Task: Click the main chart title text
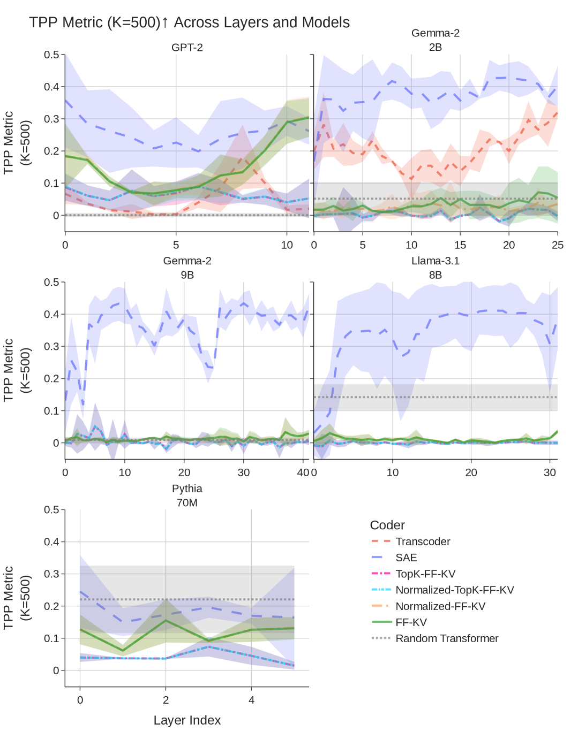pos(189,22)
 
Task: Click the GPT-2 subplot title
pos(187,48)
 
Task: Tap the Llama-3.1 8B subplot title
pos(435,268)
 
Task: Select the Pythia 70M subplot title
pos(187,496)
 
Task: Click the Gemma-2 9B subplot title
pos(187,268)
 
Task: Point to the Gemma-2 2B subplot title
pos(435,40)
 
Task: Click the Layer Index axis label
pos(187,720)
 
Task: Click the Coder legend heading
pos(387,525)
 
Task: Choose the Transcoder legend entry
pos(423,542)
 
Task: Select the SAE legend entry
pos(406,558)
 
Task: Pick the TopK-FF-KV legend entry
pos(425,574)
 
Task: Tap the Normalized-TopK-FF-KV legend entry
pos(454,590)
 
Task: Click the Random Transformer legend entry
pos(447,638)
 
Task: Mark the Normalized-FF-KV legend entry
pos(440,606)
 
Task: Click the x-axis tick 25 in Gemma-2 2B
pos(558,245)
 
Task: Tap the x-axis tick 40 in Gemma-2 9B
pos(303,472)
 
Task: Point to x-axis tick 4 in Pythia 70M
pos(251,700)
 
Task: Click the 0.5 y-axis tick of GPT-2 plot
pos(51,55)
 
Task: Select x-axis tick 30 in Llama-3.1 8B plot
pos(550,472)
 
